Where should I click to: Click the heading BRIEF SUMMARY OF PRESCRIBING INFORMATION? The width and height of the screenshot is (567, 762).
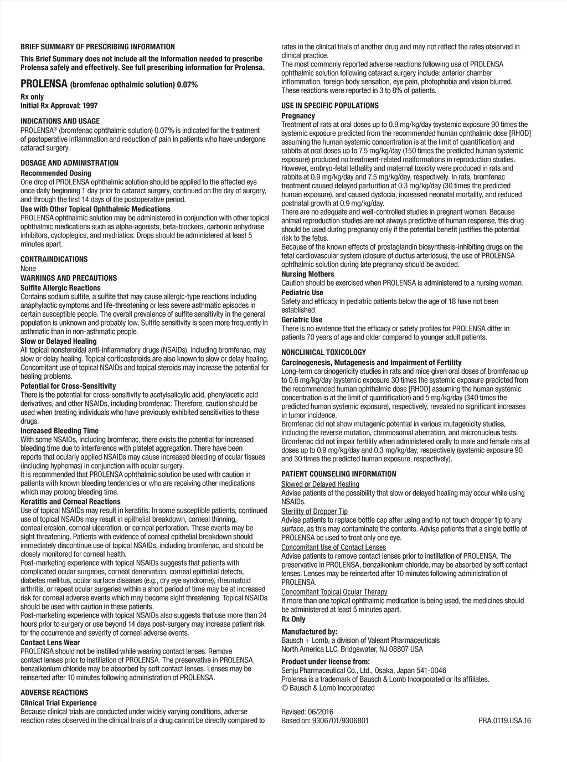97,47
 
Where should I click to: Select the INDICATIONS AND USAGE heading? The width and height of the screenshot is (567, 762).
60,121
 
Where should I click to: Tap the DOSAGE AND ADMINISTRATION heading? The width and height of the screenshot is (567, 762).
69,163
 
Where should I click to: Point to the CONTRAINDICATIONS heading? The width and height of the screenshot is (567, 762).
54,259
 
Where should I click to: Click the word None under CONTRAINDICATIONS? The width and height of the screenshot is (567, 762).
28,268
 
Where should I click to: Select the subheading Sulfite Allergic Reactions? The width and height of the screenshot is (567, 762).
60,288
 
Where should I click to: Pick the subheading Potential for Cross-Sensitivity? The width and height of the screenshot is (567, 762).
68,386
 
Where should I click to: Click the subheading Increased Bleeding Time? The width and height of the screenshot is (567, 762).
59,431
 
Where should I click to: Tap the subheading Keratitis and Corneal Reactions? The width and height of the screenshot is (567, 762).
70,502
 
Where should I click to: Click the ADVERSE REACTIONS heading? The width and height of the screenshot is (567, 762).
54,693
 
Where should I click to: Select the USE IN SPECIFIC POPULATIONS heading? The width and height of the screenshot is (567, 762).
330,106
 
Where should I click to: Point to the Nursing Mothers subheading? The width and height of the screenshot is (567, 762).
308,274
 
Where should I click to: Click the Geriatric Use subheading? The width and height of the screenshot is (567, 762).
302,320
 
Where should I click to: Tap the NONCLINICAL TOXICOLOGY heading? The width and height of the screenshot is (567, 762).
324,352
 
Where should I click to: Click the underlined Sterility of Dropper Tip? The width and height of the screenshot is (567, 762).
315,511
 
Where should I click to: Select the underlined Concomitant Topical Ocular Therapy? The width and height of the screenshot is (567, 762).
334,592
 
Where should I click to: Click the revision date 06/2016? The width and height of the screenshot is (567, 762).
321,712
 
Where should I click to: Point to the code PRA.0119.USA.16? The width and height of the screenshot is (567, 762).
504,720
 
